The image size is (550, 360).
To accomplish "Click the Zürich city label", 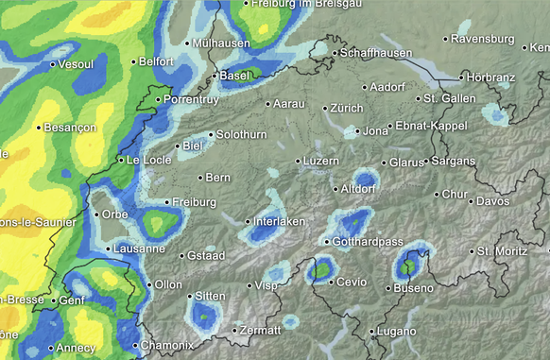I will (347, 109).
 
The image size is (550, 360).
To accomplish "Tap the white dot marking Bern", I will (200, 177).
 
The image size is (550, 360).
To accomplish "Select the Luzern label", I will (321, 162).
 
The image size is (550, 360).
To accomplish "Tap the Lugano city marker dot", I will (370, 332).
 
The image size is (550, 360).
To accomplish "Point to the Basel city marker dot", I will (215, 76).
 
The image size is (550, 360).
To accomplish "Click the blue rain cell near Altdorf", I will (365, 180).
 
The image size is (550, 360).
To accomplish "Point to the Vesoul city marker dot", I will (52, 64).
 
